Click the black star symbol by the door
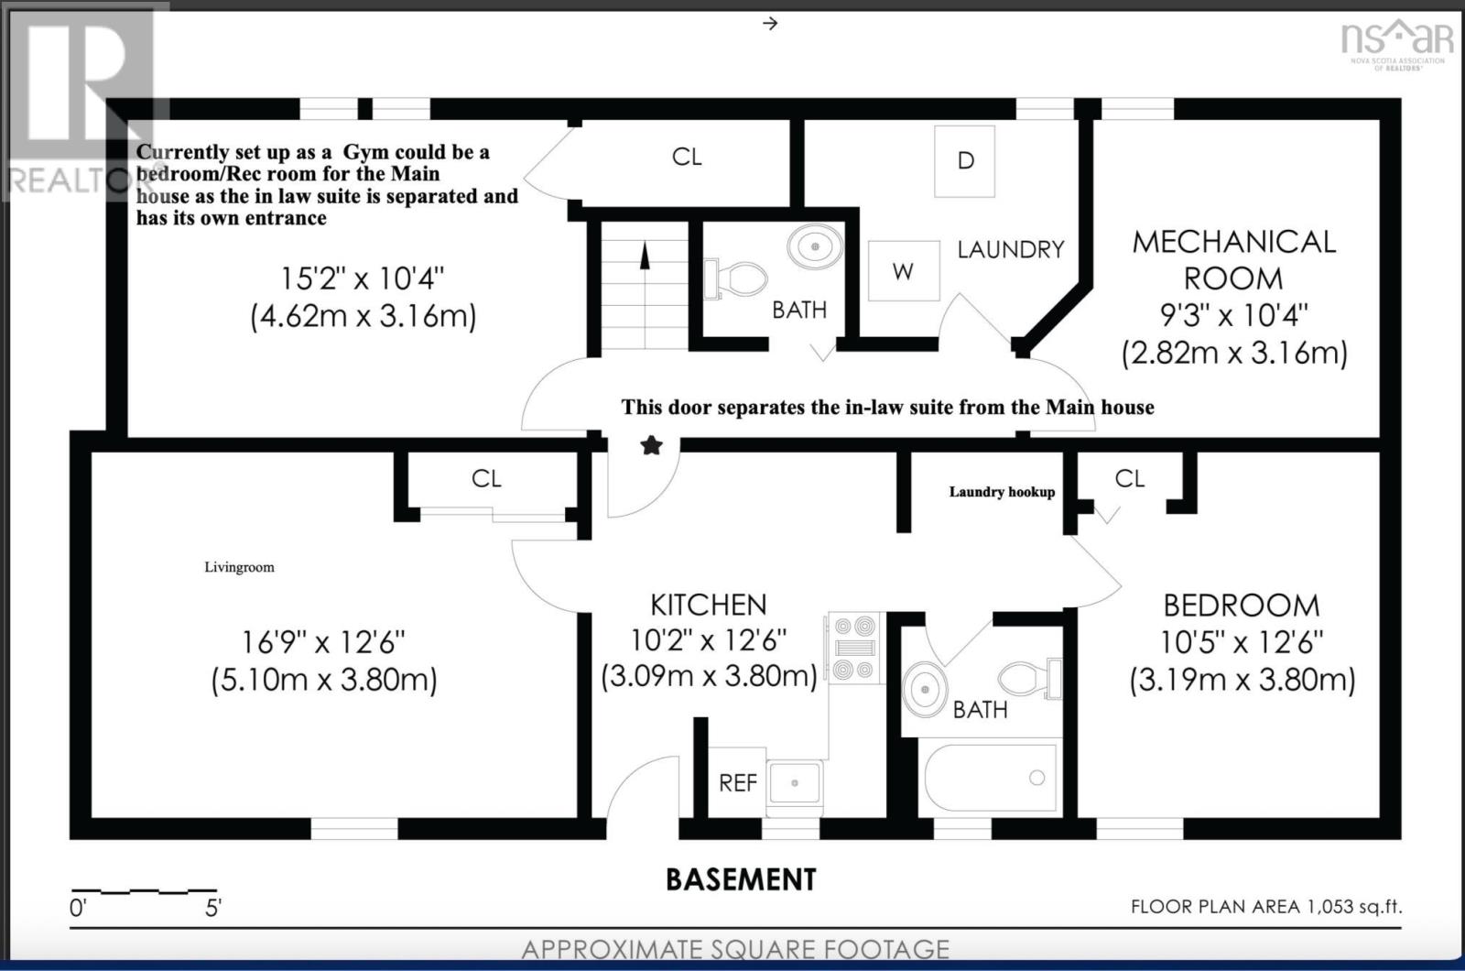651,446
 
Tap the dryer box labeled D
965,161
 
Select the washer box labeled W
904,271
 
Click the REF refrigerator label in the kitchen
738,782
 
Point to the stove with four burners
855,648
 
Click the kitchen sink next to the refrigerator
795,783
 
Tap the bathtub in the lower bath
990,778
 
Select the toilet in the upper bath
736,278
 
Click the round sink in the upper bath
815,246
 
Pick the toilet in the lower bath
1030,679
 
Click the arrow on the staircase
645,256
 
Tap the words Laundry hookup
1002,492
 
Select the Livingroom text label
239,567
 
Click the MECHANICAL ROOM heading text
1233,260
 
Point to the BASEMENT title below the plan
741,879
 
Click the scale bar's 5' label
213,908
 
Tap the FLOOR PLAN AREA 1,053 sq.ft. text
1267,906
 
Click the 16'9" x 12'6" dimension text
324,642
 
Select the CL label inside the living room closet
486,479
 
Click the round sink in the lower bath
925,688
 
